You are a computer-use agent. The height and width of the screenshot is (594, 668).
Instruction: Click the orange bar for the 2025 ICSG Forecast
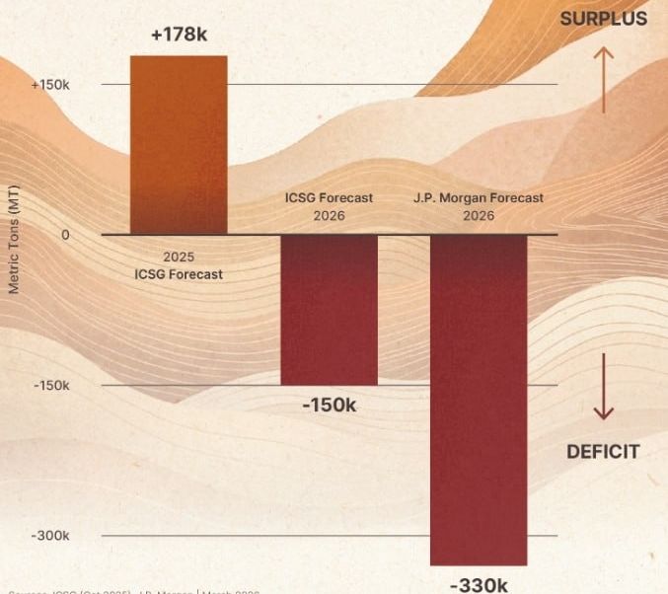point(179,145)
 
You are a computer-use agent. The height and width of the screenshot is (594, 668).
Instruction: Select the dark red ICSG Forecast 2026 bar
point(329,310)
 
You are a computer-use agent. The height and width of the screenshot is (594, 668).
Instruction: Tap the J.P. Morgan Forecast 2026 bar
point(479,399)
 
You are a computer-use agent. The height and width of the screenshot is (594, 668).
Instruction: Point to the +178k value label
point(179,36)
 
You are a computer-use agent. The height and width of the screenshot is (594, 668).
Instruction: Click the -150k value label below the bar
point(329,406)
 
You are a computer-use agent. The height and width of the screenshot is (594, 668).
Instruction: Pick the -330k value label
point(479,584)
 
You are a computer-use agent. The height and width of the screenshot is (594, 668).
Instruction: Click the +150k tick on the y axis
point(50,85)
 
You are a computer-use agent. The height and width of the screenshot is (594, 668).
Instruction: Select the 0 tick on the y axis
point(65,235)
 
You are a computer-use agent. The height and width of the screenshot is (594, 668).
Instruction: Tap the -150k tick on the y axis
point(51,386)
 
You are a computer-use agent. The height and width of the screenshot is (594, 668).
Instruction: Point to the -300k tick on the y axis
point(51,536)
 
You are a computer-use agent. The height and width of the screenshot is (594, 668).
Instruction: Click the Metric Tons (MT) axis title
point(14,241)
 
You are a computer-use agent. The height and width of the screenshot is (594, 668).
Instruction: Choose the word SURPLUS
point(603,19)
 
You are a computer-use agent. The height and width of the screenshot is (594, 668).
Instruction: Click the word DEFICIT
point(603,452)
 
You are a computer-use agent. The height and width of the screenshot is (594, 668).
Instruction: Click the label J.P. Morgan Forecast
point(479,197)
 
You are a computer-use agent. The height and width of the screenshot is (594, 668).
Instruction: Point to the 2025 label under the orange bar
point(179,257)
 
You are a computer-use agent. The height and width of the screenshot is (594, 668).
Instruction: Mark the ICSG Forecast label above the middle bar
point(329,197)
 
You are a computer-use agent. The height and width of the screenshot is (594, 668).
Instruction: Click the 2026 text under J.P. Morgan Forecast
point(479,215)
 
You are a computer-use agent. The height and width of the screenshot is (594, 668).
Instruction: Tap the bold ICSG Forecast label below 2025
point(179,273)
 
